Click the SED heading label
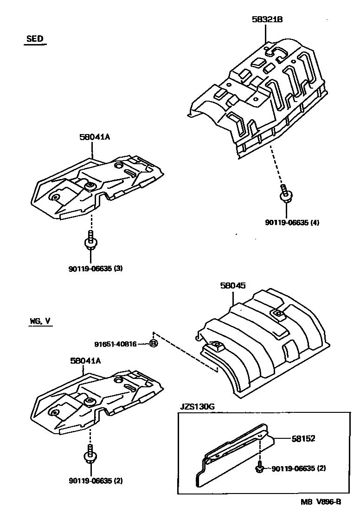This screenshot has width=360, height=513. tap(35, 39)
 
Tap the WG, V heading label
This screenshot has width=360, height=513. tap(38, 321)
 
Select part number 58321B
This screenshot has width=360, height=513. tap(267, 19)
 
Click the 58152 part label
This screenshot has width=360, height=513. tap(303, 438)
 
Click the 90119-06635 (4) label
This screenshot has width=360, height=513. tap(292, 222)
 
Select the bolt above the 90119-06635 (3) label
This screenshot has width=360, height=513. tap(90, 240)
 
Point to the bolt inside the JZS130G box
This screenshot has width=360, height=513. tap(260, 468)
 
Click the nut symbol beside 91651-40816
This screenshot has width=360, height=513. tap(154, 344)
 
